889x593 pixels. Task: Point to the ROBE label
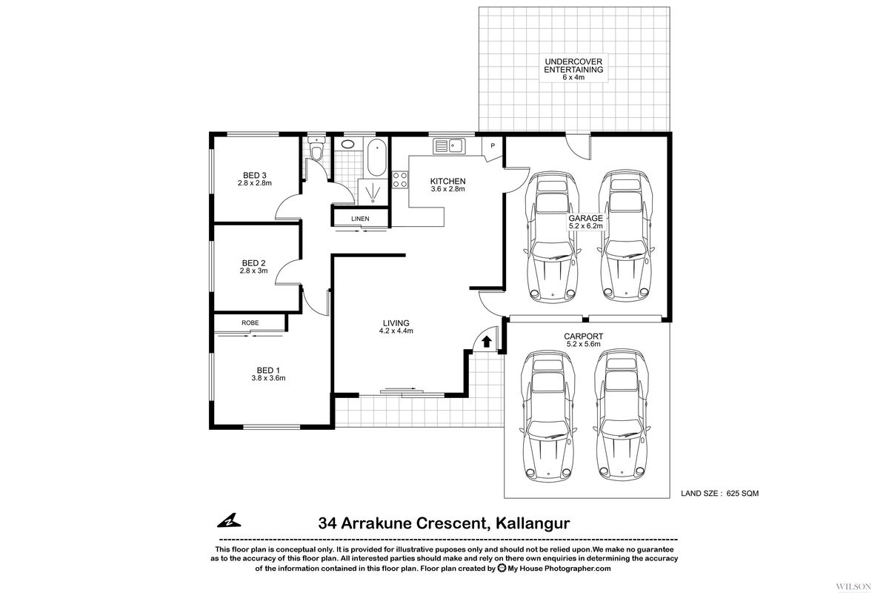(x=250, y=323)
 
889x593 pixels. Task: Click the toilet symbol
(x=317, y=152)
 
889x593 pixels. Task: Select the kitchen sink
(x=448, y=146)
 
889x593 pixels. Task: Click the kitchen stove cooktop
(x=400, y=179)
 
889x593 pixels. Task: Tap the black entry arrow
(x=486, y=341)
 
